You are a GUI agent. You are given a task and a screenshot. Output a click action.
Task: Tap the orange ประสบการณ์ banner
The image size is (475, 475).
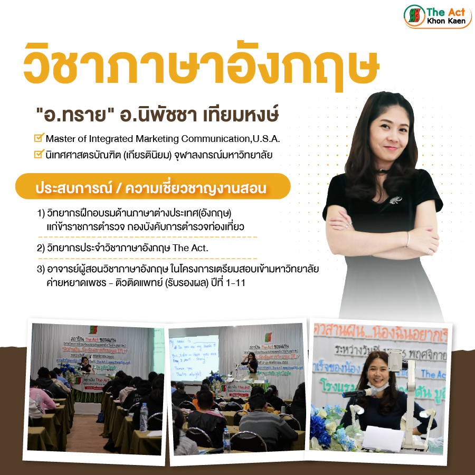(x=153, y=188)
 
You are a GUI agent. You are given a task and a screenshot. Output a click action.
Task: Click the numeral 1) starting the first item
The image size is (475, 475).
(x=41, y=214)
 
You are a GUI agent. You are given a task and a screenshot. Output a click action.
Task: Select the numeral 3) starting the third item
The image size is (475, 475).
(x=41, y=270)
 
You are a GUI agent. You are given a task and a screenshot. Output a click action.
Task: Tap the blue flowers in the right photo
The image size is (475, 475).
(x=322, y=422)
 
